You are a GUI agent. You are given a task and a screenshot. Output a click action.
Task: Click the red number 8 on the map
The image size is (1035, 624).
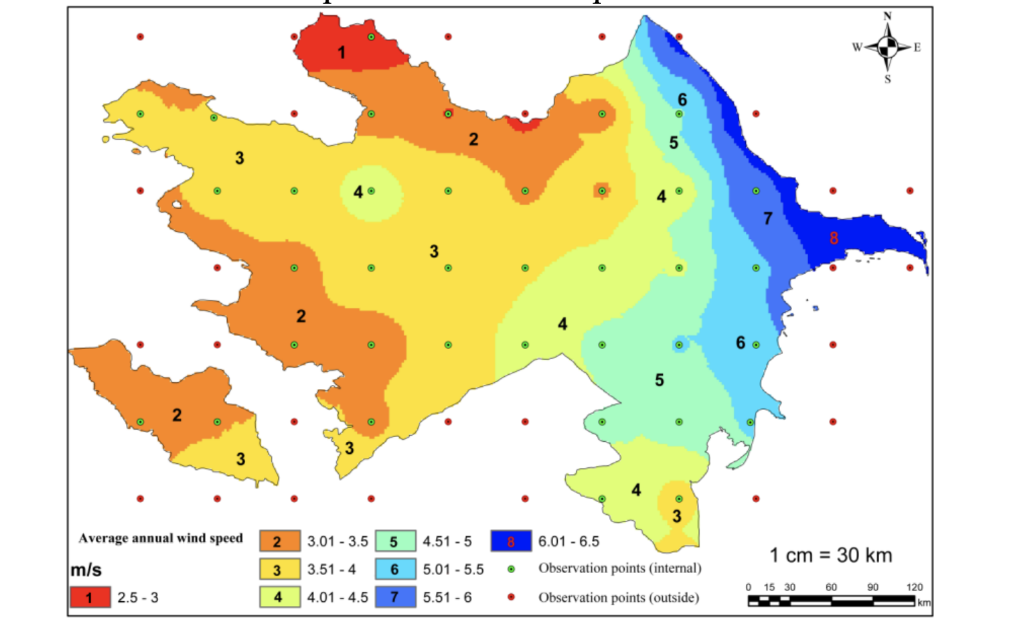pos(833,238)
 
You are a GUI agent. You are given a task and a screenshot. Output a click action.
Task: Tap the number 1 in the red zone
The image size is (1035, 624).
pos(341,52)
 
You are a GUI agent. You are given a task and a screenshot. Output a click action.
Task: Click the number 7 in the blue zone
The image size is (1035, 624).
pos(768,218)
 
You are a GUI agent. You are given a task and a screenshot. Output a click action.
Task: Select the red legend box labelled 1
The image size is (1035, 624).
pos(90,597)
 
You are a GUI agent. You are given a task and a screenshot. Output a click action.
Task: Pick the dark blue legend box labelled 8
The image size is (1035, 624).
pos(511,541)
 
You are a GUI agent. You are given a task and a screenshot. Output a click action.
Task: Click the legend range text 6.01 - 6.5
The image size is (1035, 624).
pos(568,541)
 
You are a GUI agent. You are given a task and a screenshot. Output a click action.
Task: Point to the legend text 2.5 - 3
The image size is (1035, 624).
pos(138,597)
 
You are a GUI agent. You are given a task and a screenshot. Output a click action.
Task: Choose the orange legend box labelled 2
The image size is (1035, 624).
pos(279,541)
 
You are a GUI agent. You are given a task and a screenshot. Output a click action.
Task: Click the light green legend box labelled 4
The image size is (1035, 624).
pos(279,597)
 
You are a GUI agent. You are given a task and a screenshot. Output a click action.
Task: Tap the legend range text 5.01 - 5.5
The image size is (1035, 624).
pos(453,569)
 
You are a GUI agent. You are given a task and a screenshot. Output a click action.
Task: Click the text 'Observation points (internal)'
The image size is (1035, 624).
pos(620,568)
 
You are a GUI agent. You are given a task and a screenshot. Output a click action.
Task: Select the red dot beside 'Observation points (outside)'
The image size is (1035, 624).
pos(511,597)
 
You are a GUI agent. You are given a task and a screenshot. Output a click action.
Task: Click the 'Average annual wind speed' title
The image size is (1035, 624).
pos(161,538)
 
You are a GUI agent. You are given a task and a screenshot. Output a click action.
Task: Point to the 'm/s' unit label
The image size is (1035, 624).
pos(86,570)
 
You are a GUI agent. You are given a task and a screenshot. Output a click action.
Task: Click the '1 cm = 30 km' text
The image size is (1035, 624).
pos(831,555)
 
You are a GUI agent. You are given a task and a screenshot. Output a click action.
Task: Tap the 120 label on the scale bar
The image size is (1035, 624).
pos(914,587)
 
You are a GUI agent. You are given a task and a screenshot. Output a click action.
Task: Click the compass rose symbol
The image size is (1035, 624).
pos(888,47)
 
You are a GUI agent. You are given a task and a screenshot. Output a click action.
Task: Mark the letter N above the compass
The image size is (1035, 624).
pos(888,16)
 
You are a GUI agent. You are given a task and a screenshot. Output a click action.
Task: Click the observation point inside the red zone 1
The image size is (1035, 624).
pos(371,37)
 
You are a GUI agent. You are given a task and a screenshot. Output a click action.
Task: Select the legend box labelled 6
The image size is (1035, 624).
pos(395,569)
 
